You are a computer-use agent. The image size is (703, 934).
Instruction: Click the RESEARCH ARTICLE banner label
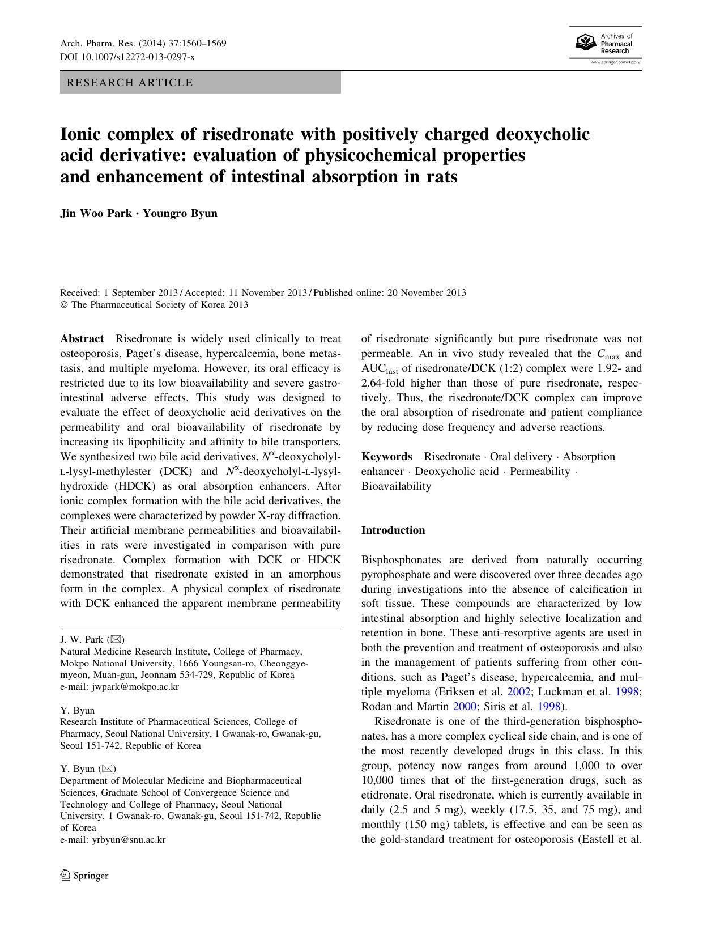(130, 83)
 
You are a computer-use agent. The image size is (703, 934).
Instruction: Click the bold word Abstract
(82, 339)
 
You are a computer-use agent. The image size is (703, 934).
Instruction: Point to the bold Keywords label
(387, 457)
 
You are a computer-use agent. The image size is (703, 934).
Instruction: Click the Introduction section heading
(393, 530)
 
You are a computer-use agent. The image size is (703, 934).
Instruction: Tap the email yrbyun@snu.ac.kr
(129, 840)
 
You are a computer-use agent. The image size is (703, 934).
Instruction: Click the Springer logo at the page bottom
(84, 876)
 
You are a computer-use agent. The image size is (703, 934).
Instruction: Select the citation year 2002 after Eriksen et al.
(519, 692)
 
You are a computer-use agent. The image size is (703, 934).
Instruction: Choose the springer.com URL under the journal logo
(615, 62)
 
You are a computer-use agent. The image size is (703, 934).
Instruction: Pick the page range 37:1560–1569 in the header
(193, 44)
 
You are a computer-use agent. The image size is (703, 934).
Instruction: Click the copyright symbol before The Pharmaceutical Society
(64, 305)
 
